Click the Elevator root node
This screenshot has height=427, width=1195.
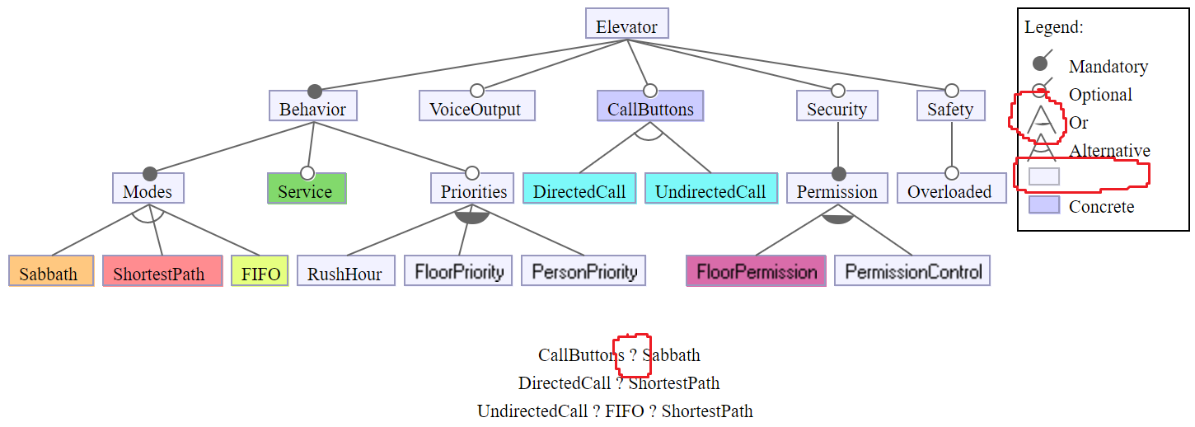pyautogui.click(x=626, y=25)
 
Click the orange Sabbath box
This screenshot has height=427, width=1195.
pyautogui.click(x=49, y=272)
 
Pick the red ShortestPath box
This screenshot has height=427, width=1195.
pyautogui.click(x=162, y=272)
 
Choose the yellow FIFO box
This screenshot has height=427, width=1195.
pyautogui.click(x=260, y=272)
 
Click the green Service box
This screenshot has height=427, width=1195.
pyautogui.click(x=307, y=190)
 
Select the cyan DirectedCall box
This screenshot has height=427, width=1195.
pyautogui.click(x=579, y=190)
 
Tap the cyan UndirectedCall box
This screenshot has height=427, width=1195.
pyautogui.click(x=710, y=190)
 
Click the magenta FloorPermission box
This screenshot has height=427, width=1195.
pyautogui.click(x=756, y=271)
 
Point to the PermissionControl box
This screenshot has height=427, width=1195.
pyautogui.click(x=912, y=271)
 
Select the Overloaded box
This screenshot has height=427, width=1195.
pyautogui.click(x=950, y=190)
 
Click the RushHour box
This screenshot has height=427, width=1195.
pyautogui.click(x=344, y=272)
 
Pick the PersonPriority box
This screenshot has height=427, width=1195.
pyautogui.click(x=583, y=271)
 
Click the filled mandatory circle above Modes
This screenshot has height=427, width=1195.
pyautogui.click(x=149, y=173)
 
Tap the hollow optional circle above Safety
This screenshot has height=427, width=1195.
pyautogui.click(x=951, y=90)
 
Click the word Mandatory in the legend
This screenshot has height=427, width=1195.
pyautogui.click(x=1108, y=67)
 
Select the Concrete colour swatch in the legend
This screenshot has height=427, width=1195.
pyautogui.click(x=1043, y=205)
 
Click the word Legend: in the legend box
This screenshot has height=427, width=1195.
pyautogui.click(x=1054, y=27)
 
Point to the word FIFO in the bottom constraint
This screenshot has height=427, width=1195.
pyautogui.click(x=625, y=411)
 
